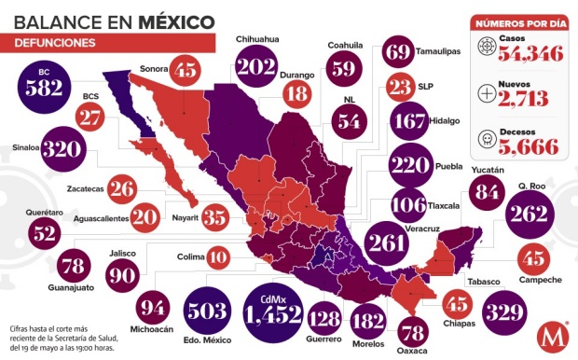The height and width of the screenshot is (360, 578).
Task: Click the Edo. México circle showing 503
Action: [210, 310]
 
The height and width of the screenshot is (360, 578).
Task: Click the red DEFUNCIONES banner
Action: [58, 43]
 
